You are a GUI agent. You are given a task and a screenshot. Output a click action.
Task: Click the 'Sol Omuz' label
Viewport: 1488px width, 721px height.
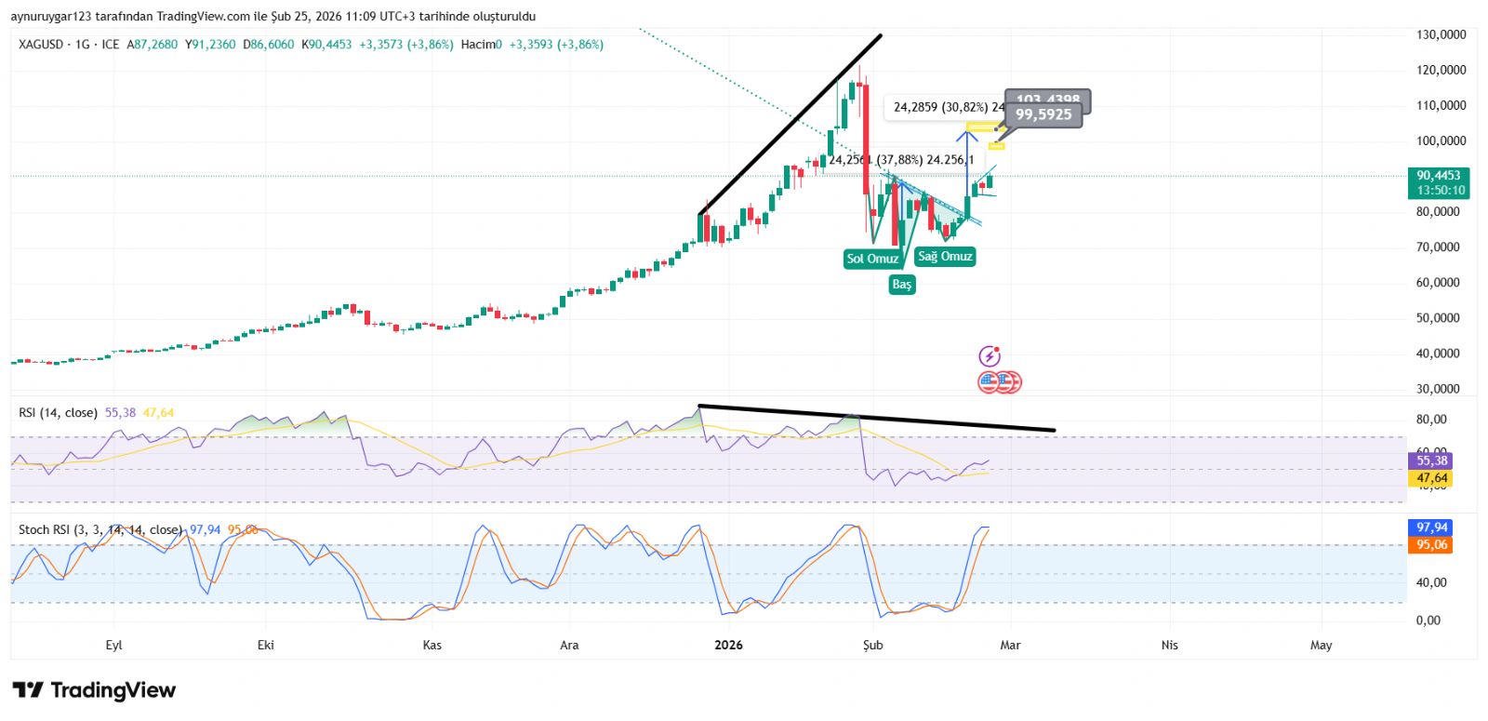872,259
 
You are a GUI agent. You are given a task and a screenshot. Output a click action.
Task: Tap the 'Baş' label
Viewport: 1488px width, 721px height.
902,285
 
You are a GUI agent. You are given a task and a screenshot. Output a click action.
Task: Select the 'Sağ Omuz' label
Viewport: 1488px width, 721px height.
945,257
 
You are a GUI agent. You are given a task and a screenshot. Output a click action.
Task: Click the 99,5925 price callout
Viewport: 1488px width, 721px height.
1043,115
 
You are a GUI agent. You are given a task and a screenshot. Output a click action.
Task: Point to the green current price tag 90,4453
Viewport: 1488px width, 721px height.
1439,182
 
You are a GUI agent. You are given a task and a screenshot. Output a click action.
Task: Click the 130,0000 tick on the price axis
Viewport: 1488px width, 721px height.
1441,34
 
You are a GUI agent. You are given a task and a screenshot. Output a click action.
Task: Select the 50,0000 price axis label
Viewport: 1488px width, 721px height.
1441,318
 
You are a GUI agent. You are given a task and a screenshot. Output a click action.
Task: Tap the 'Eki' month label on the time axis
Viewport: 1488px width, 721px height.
266,645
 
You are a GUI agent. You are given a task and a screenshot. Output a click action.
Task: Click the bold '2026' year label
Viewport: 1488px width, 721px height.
728,645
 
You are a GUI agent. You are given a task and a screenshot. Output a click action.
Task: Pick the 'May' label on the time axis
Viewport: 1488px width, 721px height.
1321,645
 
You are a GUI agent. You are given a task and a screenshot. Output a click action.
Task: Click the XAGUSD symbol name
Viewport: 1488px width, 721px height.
41,45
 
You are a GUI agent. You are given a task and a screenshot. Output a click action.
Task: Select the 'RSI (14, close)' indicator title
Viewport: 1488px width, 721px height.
58,413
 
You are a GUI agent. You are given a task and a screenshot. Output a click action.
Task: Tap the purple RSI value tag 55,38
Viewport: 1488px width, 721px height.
1431,461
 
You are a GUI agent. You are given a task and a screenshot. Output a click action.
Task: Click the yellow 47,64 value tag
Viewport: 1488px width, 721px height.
1431,478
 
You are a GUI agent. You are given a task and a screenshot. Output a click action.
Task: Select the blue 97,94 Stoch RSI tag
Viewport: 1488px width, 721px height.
1431,527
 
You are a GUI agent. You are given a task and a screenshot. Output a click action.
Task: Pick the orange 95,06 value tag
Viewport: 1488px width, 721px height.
1431,545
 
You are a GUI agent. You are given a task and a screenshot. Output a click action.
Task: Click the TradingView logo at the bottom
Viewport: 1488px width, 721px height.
94,690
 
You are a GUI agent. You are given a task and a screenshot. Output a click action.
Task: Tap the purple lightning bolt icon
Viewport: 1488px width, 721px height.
990,356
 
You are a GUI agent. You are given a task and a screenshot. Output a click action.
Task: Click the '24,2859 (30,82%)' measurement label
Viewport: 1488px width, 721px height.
940,108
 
